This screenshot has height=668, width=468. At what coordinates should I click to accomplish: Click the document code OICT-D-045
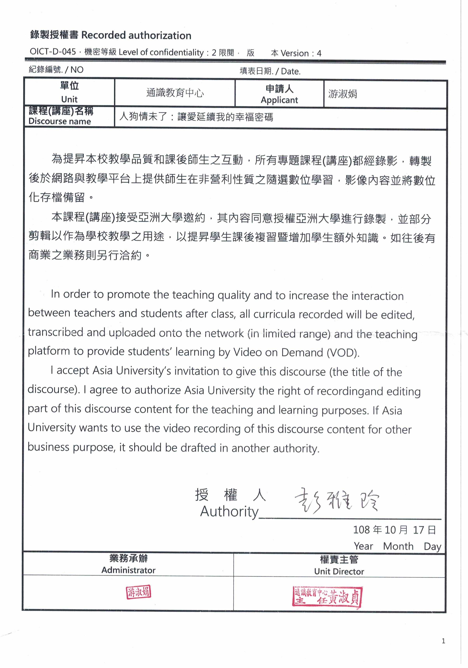point(53,52)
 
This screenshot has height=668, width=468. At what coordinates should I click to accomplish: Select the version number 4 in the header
point(319,53)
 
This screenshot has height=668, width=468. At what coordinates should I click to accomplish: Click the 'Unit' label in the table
point(69,99)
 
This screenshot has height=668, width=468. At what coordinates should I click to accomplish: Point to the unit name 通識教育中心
point(175,93)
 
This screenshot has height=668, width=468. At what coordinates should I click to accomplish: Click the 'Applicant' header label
point(279,100)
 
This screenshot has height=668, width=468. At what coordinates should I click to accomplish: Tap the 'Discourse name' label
point(60,121)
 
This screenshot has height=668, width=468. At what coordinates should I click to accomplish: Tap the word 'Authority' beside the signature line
point(229,512)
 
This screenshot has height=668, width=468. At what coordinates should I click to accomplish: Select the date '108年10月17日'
point(394,530)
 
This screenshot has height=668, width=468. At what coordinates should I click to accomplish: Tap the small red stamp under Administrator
point(139,592)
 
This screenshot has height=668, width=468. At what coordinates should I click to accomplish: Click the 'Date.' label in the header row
point(291,72)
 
